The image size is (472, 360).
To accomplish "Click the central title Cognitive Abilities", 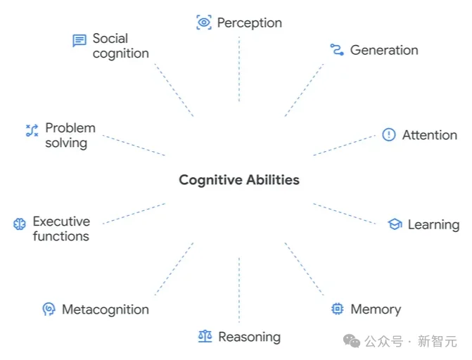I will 238,180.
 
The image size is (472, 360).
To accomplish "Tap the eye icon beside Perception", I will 204,22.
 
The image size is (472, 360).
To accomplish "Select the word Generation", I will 384,50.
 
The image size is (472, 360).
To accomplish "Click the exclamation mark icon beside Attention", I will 389,135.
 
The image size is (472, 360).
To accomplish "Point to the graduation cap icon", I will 395,224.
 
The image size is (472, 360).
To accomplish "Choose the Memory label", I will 376,309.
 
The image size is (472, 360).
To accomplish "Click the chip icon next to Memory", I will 338,309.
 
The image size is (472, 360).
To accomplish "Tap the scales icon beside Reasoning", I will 205,337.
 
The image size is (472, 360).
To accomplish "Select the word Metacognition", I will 106,309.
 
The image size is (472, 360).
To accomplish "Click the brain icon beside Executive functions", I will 20,224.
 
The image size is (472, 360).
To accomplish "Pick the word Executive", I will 61,221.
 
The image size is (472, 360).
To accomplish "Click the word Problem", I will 70,128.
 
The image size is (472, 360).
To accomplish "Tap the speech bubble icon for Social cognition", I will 79,41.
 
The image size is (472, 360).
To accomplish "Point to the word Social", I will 110,38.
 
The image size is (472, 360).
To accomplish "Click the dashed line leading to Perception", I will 239,70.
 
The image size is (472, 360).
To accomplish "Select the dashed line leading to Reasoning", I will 239,288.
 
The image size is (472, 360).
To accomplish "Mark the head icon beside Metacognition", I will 49,309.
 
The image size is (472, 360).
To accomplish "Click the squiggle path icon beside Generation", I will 336,49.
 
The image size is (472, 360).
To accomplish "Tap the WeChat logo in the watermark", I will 352,341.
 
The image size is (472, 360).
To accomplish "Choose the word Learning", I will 433,225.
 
